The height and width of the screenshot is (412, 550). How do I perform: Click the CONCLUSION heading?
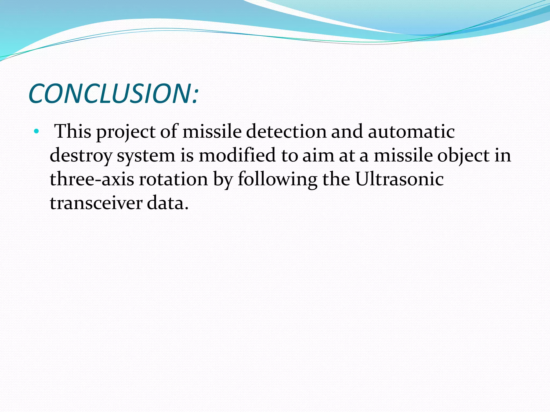tap(113, 94)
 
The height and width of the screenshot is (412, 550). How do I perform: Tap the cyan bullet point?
tap(37, 132)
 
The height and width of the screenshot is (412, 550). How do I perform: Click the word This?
tap(73, 131)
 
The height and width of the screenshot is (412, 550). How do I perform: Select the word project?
tap(126, 132)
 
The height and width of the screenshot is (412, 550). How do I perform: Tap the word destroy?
tap(81, 156)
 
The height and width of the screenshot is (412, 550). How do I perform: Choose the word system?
tap(146, 156)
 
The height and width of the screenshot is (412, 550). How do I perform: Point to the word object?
tap(464, 156)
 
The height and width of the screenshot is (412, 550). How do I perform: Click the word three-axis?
tap(92, 179)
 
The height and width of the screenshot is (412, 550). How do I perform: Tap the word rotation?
tap(173, 179)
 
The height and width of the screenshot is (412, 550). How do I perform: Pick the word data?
tap(168, 203)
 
